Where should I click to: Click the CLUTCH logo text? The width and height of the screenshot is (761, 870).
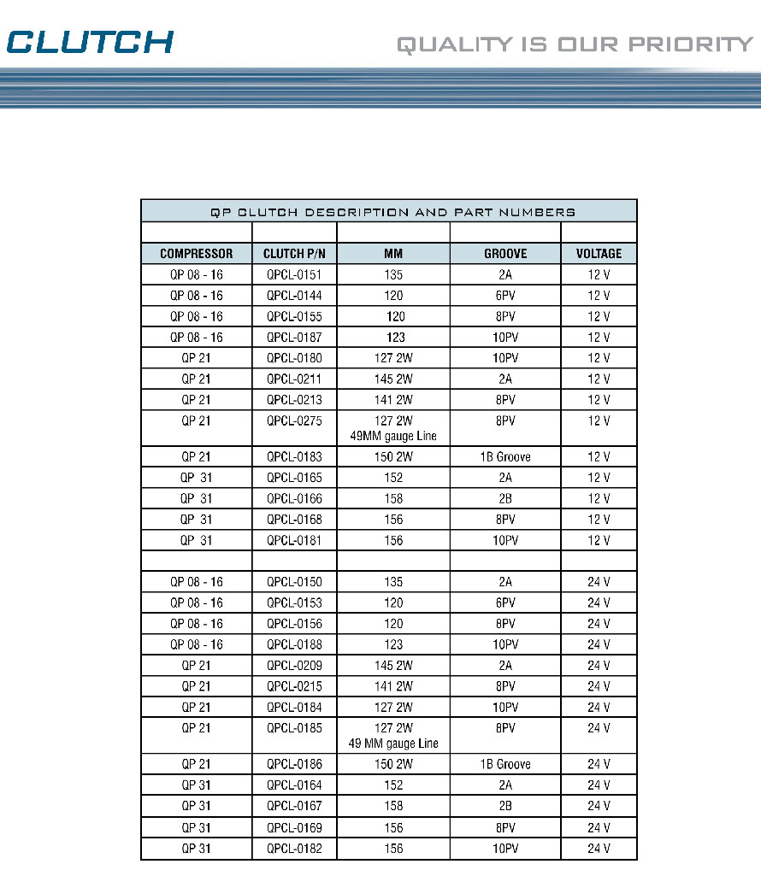tap(90, 41)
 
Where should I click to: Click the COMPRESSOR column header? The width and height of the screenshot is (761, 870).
tap(196, 254)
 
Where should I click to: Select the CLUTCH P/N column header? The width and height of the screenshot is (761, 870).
tap(294, 254)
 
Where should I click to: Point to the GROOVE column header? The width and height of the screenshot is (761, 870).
tap(504, 254)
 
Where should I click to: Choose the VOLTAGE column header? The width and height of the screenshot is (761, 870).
tap(599, 254)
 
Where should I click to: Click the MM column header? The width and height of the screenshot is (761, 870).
tap(393, 254)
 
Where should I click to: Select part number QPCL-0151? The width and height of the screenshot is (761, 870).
tap(294, 275)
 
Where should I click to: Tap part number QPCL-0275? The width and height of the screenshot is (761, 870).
tap(294, 420)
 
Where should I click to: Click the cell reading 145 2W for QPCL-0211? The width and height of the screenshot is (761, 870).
tap(393, 379)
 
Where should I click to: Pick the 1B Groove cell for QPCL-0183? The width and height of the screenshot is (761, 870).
tap(504, 457)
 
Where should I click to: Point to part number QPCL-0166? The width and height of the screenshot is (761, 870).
tap(294, 499)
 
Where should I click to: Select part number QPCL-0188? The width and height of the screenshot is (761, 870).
tap(294, 645)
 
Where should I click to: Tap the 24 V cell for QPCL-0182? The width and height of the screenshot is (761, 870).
tap(599, 849)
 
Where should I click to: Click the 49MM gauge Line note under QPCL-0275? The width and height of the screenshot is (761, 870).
tap(393, 436)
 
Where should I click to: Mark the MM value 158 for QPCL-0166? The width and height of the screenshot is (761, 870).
tap(393, 499)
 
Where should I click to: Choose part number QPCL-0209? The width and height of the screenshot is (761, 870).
tap(294, 666)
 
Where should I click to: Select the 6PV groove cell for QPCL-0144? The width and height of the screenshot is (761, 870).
tap(504, 296)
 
